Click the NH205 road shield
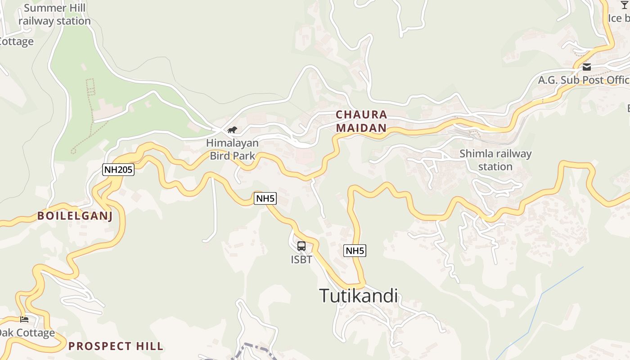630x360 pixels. (118, 169)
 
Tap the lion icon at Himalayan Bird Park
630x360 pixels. (232, 130)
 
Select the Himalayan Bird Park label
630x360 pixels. (232, 149)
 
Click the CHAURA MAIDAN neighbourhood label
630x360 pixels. (361, 121)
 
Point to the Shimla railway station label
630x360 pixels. (495, 160)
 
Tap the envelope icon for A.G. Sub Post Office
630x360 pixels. (587, 67)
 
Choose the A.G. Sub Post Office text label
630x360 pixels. (584, 80)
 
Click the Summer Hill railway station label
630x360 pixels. (55, 14)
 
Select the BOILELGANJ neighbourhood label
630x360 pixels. (75, 216)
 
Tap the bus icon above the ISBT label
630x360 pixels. (301, 246)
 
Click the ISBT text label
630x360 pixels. (301, 260)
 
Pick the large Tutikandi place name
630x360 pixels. (359, 296)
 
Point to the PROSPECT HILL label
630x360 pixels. (116, 346)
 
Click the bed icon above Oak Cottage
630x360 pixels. (24, 319)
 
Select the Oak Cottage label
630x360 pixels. (27, 333)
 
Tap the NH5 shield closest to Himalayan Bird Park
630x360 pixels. (265, 198)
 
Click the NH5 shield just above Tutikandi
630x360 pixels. (355, 251)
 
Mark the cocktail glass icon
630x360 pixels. (624, 4)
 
